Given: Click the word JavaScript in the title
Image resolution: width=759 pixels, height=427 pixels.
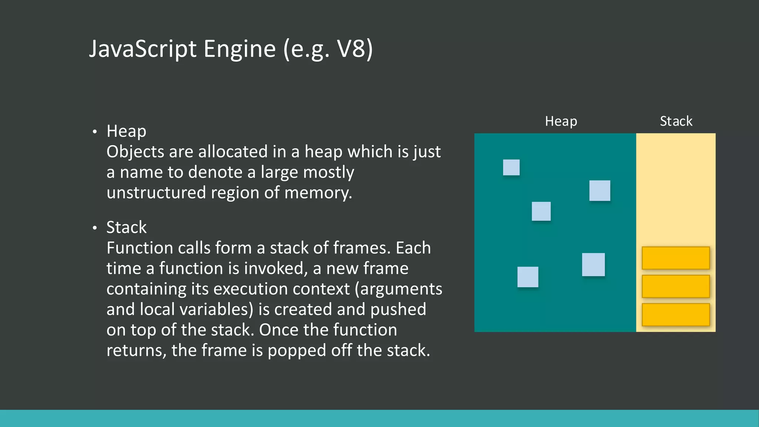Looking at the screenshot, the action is (143, 49).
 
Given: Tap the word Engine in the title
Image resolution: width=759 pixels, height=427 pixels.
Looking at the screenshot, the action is (239, 49).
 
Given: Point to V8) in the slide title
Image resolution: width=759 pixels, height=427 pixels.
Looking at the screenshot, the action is (354, 49).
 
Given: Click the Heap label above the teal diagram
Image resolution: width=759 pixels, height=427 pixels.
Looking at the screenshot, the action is (561, 121).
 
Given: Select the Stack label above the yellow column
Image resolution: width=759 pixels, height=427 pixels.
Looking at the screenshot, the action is (676, 121).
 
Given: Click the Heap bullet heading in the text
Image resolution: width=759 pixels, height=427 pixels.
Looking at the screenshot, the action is (126, 131).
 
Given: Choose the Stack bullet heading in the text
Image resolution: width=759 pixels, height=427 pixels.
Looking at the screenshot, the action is (126, 227).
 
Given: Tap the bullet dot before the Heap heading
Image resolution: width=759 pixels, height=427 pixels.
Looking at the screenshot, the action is (95, 132).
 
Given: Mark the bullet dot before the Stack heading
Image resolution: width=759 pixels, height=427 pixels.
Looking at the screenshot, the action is (95, 228).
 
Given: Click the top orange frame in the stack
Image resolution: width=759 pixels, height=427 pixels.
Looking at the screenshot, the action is (676, 258).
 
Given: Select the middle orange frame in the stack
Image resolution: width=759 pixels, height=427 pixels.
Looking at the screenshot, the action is (676, 286).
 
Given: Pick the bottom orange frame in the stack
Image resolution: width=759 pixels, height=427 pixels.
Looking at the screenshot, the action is (676, 315).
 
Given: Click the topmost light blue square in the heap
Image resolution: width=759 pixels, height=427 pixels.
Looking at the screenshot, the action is (511, 167).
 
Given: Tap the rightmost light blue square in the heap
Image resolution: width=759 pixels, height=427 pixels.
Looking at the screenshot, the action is (600, 191).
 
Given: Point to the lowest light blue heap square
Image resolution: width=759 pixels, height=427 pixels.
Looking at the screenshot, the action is (528, 277).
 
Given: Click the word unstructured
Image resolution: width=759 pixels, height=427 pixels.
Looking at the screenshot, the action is (156, 193).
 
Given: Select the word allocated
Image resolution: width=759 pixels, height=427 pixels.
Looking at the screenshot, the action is (233, 152).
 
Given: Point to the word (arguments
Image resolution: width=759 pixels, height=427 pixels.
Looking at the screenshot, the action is (398, 289).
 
